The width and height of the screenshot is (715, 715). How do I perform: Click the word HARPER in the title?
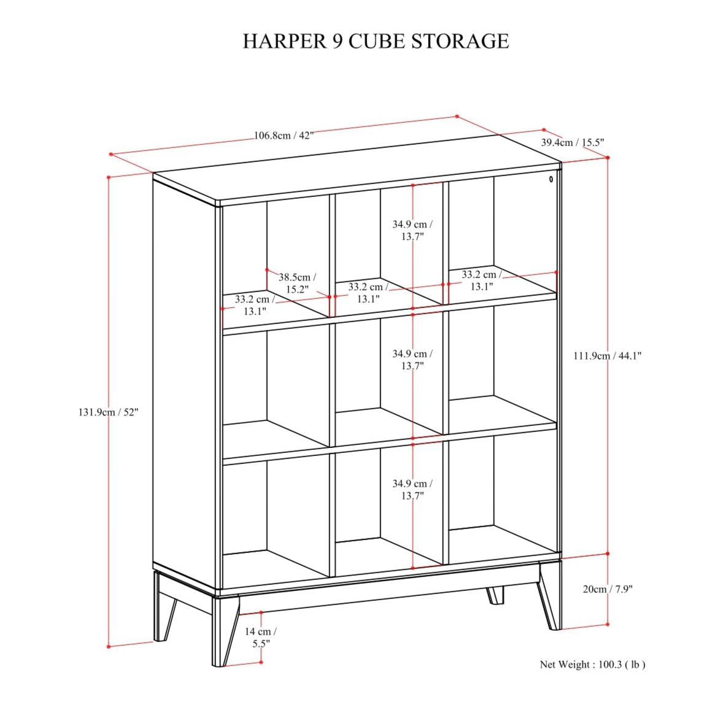tap(285, 41)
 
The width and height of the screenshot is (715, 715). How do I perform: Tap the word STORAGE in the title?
tap(460, 41)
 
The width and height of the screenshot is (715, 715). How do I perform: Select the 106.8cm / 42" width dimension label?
tap(284, 136)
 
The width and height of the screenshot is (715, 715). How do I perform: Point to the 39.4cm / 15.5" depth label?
tap(572, 142)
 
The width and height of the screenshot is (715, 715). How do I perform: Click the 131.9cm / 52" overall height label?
tap(108, 412)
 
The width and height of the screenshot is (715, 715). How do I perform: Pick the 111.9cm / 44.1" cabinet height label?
tap(607, 356)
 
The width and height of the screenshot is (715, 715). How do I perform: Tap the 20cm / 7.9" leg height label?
tap(608, 589)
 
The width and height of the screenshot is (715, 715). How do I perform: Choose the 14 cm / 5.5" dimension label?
tap(261, 638)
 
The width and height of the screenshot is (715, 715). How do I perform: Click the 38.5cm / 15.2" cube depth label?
tap(297, 283)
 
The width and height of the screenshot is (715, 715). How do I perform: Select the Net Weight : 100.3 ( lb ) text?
tap(592, 665)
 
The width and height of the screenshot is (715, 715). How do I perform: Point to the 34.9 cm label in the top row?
tap(412, 230)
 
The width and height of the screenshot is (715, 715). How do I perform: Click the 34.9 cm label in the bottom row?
tap(412, 489)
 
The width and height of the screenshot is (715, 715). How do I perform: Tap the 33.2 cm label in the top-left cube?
tap(255, 305)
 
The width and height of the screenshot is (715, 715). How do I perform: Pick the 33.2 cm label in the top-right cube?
tap(482, 280)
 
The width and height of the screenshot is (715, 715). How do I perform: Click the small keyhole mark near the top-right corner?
tap(551, 179)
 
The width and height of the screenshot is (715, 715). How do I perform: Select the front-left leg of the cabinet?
tap(225, 630)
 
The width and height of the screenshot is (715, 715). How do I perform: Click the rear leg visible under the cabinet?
tap(495, 595)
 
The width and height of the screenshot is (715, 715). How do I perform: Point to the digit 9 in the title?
tap(338, 41)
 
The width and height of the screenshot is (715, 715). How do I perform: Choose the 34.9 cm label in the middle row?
tap(412, 360)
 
